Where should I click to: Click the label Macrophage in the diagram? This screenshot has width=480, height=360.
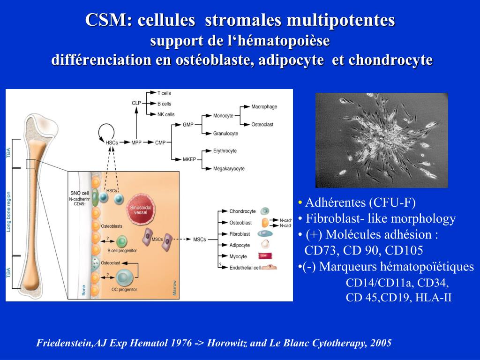point(264,107)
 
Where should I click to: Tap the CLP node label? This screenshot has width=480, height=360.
point(136,103)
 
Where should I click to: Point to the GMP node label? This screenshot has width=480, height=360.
point(188,125)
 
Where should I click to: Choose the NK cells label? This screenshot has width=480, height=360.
point(166,114)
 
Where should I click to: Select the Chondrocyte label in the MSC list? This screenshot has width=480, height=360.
point(242,211)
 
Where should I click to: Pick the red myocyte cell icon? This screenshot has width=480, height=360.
point(265,256)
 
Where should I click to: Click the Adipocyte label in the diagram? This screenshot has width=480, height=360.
point(240,245)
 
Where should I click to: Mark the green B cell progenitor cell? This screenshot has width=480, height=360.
point(122,241)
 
